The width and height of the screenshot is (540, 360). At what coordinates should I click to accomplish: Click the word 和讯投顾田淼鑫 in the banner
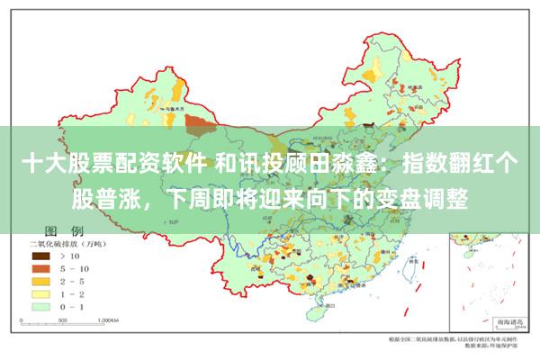pos(301,166)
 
